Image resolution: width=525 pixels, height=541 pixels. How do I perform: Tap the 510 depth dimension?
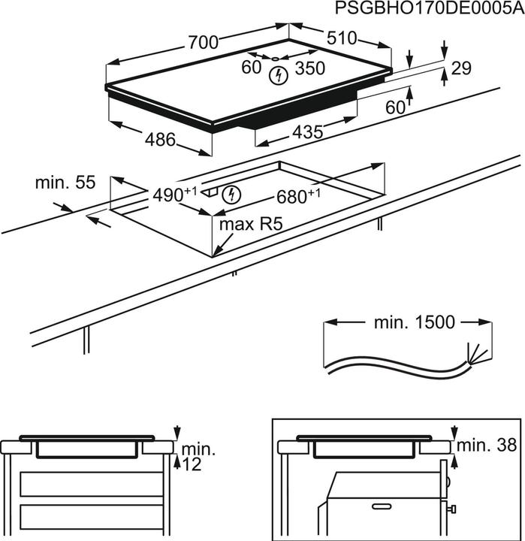coord(342,38)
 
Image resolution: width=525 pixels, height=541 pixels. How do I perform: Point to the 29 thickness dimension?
coord(461,68)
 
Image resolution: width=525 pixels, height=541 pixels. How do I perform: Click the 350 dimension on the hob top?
coord(309,68)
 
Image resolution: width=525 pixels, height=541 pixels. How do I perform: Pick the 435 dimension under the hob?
coord(307,132)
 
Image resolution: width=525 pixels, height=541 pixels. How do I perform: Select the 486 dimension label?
coord(160,139)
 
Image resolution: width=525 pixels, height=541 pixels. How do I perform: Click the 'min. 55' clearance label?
coord(66,182)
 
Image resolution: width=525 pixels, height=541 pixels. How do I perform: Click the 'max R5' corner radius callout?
coord(244,225)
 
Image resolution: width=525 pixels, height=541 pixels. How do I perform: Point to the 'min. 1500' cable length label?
coord(414,322)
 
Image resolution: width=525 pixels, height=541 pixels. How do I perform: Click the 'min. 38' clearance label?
coord(489,445)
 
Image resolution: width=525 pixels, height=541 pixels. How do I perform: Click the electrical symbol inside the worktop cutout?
coord(234,195)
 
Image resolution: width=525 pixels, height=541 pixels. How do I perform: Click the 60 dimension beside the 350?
coord(251,68)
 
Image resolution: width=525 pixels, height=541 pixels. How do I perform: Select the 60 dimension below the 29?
coord(395,107)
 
